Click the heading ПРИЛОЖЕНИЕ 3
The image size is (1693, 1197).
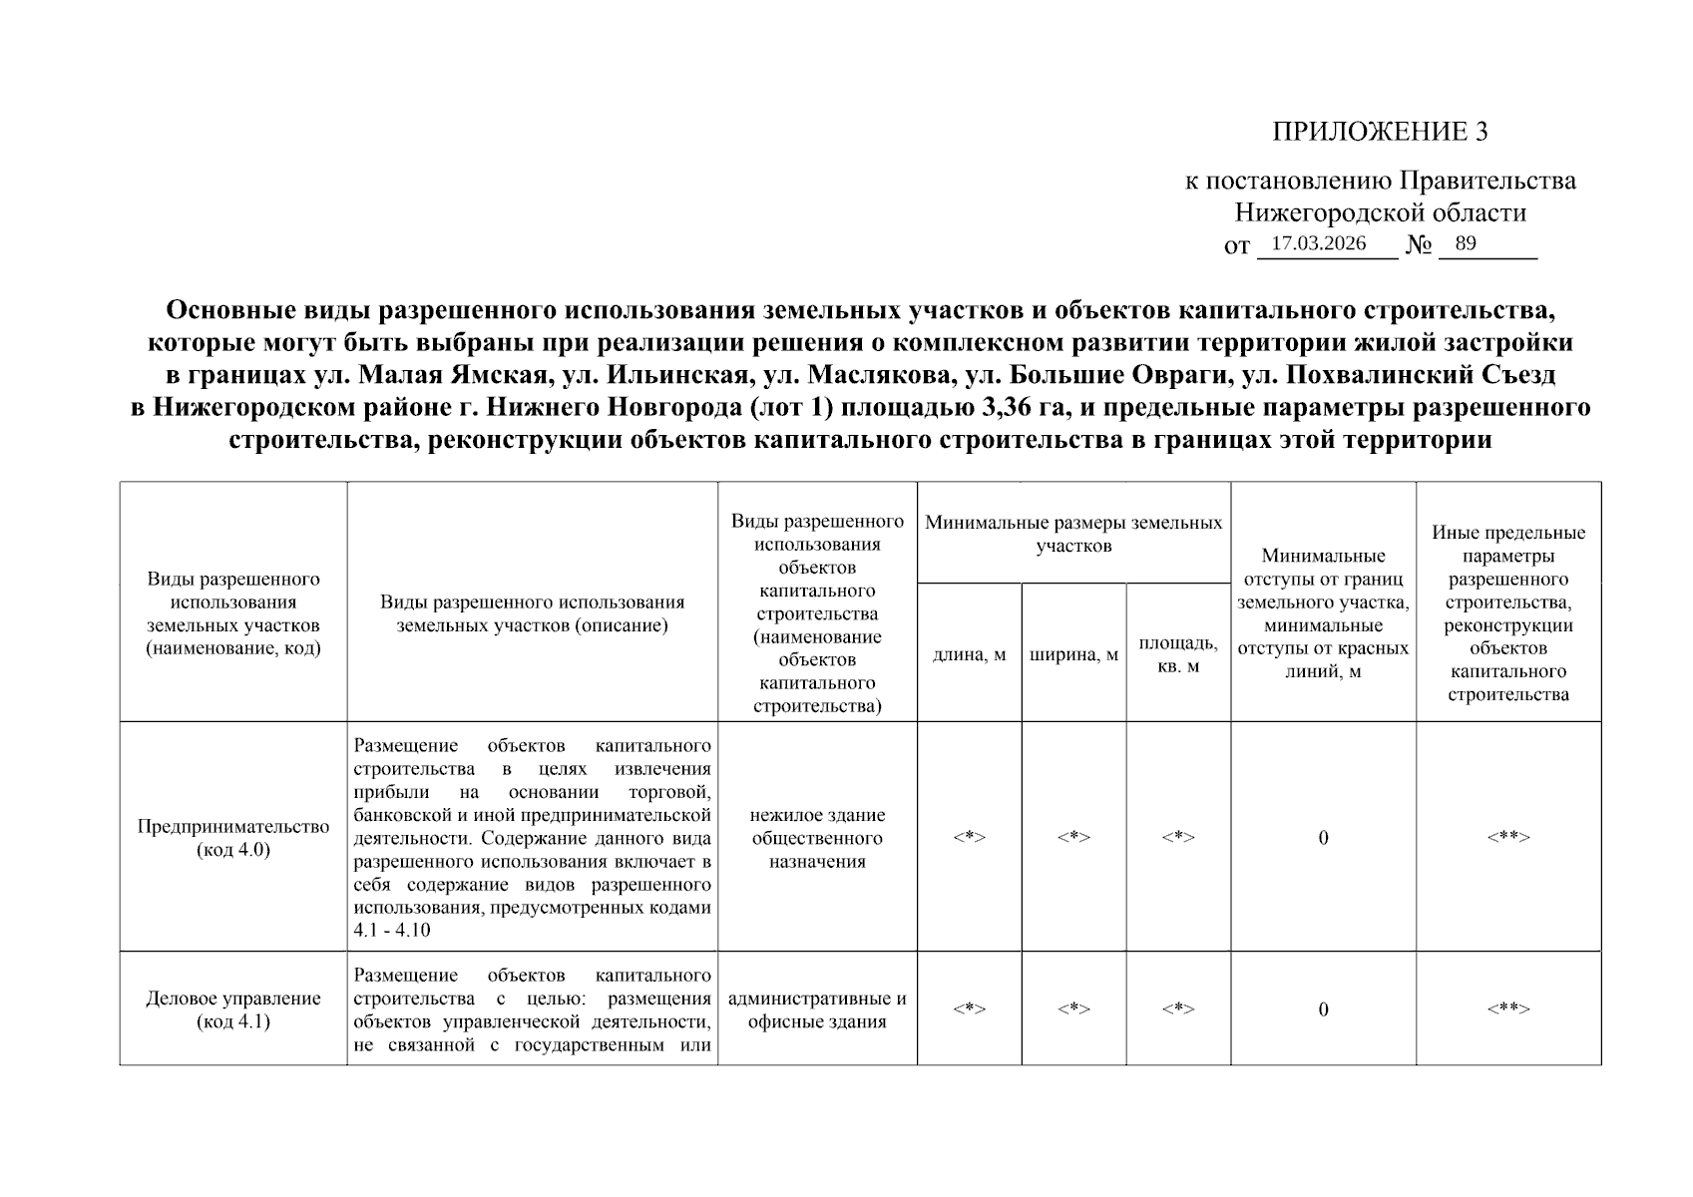tap(1380, 132)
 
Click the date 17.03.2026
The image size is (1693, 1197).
tap(1318, 243)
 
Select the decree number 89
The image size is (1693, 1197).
tap(1465, 243)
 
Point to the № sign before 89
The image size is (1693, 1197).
tap(1419, 245)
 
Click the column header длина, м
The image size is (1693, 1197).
tap(969, 655)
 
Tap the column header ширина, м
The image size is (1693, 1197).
tap(1073, 655)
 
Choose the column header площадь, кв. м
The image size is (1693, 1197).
tap(1177, 654)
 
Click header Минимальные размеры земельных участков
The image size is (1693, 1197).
tap(1073, 534)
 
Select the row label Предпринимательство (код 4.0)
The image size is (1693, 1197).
tap(233, 838)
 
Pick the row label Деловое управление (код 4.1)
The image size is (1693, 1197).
tap(233, 1009)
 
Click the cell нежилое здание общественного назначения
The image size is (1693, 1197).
tap(817, 838)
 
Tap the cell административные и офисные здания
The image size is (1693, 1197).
tap(817, 1009)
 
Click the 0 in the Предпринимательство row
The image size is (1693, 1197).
tap(1323, 838)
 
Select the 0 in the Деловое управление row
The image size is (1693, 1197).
tap(1323, 1009)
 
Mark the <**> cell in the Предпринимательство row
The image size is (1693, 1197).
tap(1507, 837)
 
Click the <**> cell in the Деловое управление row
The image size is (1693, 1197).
tap(1507, 1008)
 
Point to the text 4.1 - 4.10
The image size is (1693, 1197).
tap(392, 931)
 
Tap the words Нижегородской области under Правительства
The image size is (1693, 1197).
tap(1380, 212)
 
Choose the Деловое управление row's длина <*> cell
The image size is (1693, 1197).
tap(969, 1008)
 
